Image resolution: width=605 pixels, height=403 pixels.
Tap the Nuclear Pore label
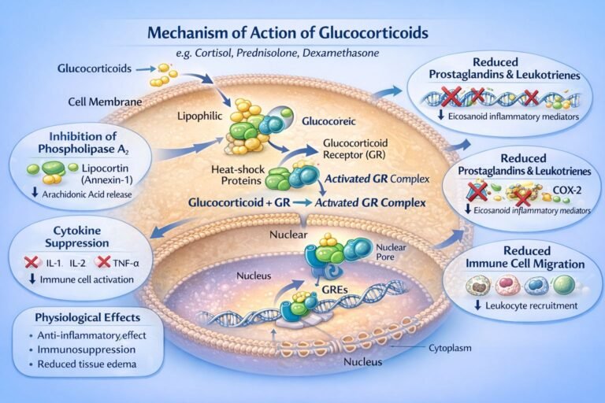tap(378, 253)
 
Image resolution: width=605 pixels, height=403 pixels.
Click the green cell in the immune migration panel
tap(562, 283)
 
